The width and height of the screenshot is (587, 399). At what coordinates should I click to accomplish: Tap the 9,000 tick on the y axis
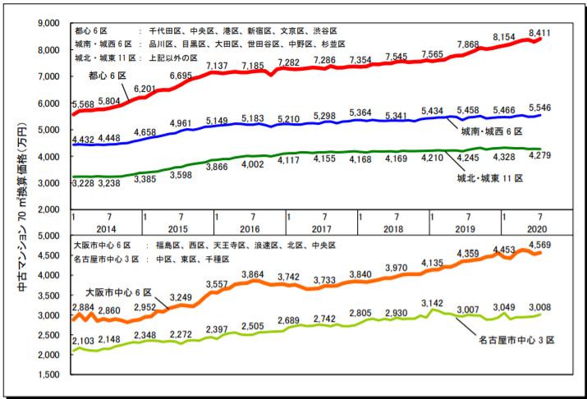pos(51,22)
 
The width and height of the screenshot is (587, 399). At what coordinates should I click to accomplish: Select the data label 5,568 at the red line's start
pos(85,104)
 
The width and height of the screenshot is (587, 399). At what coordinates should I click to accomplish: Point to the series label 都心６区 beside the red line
pos(107,76)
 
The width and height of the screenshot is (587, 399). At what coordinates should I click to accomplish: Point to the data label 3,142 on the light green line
pos(433,303)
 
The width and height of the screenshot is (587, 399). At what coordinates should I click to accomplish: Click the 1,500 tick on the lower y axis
pos(51,375)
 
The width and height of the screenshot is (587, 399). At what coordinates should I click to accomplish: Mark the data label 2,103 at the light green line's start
pos(85,341)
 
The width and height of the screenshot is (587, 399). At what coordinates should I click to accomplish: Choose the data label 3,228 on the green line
pos(85,185)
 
